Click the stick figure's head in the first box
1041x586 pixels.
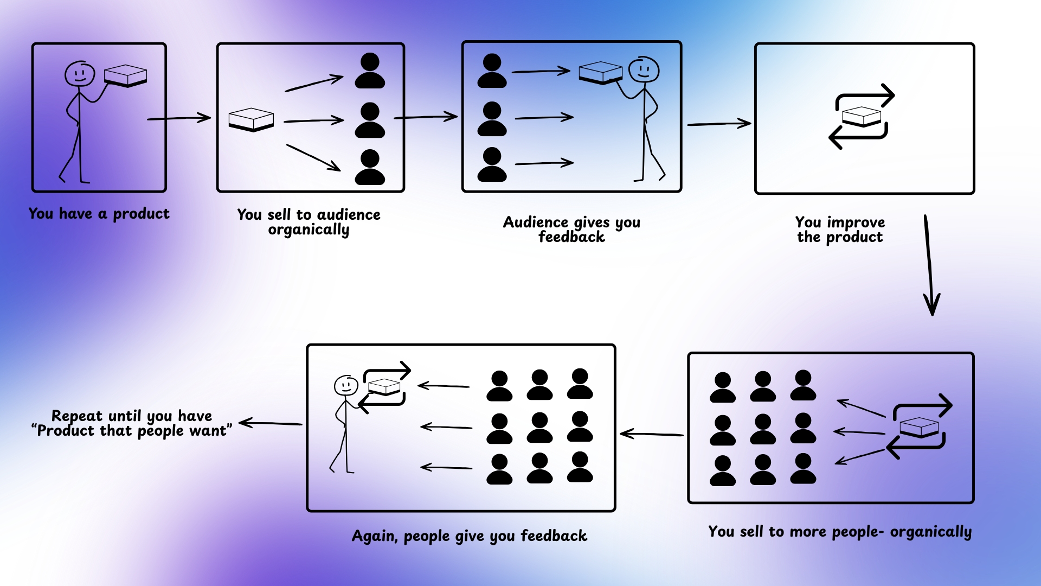80,73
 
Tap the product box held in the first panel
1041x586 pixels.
125,75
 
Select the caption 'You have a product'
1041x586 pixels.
99,214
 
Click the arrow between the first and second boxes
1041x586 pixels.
179,118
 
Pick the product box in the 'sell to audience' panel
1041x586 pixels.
251,119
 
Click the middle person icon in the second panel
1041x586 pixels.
370,120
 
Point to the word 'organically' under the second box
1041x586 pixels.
309,230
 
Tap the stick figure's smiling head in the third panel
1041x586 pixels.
644,69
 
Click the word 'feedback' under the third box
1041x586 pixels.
571,237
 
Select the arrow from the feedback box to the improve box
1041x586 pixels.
719,124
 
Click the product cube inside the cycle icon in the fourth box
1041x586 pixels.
861,116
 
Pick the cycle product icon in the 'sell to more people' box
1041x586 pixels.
919,426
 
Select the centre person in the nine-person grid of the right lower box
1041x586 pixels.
763,429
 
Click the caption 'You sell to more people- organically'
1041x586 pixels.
840,532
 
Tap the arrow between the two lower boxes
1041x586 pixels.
652,434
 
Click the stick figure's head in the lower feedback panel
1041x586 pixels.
346,385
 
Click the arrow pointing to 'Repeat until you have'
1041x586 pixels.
270,423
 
